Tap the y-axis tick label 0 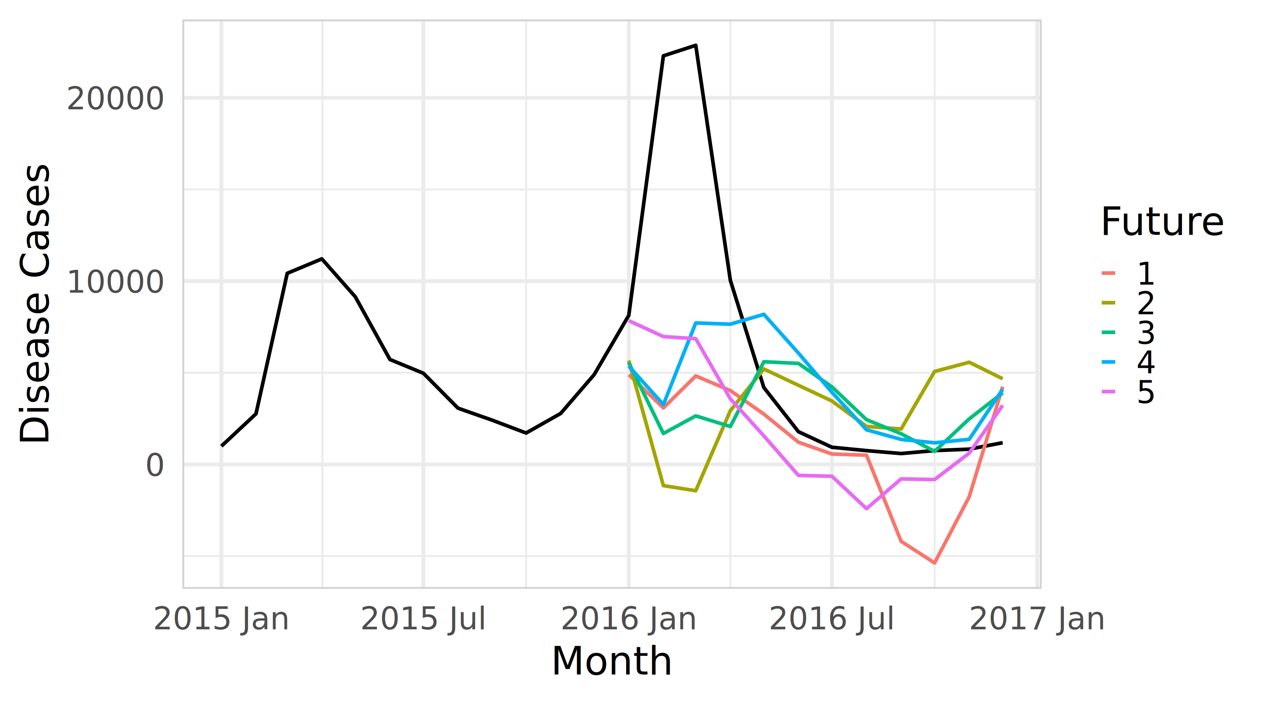[155, 465]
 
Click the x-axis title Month [612, 661]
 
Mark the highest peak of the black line [696, 46]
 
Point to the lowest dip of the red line [934, 563]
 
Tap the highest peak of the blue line [764, 314]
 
